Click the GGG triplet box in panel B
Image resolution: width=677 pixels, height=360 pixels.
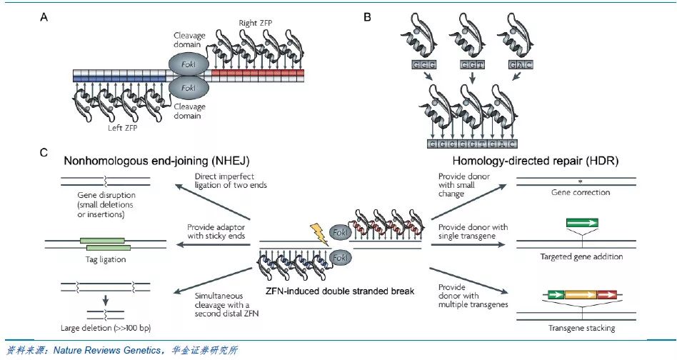coord(422,65)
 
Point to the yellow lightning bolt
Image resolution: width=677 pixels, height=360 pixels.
coord(319,234)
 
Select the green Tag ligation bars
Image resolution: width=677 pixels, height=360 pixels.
coord(104,243)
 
